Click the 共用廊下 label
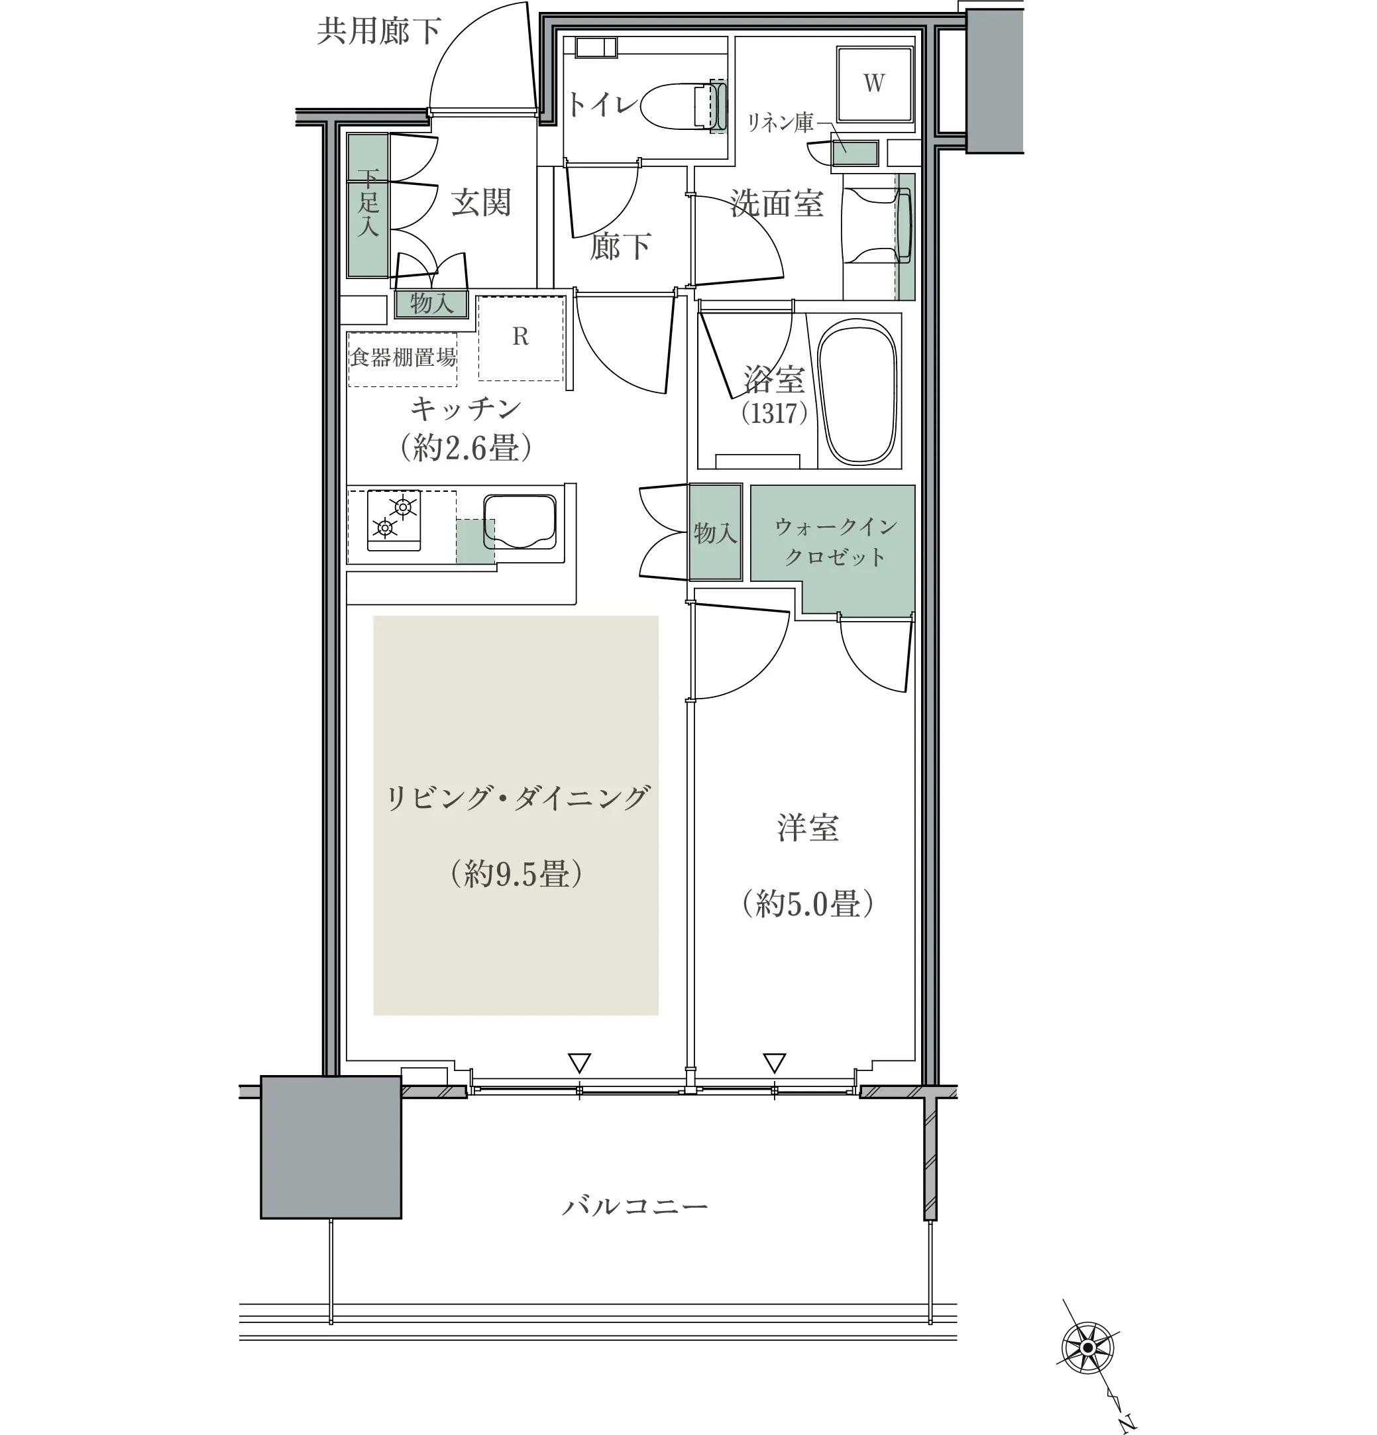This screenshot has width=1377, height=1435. point(378,30)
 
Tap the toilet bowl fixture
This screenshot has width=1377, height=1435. point(684,107)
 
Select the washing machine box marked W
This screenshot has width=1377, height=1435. point(875,84)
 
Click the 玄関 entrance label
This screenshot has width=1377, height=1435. point(480,203)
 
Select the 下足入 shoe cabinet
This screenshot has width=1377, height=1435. point(368,205)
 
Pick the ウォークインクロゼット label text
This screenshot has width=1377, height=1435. point(834,542)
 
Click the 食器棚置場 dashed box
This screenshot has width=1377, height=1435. point(403,359)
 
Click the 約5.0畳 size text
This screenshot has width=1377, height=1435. point(808,903)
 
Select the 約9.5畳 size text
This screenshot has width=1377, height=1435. point(516,874)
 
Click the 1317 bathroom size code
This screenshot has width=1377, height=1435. point(774,414)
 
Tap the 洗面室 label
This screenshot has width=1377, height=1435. point(777,203)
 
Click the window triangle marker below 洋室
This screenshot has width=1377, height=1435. point(775,1062)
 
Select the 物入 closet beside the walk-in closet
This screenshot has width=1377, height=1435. point(715,532)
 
